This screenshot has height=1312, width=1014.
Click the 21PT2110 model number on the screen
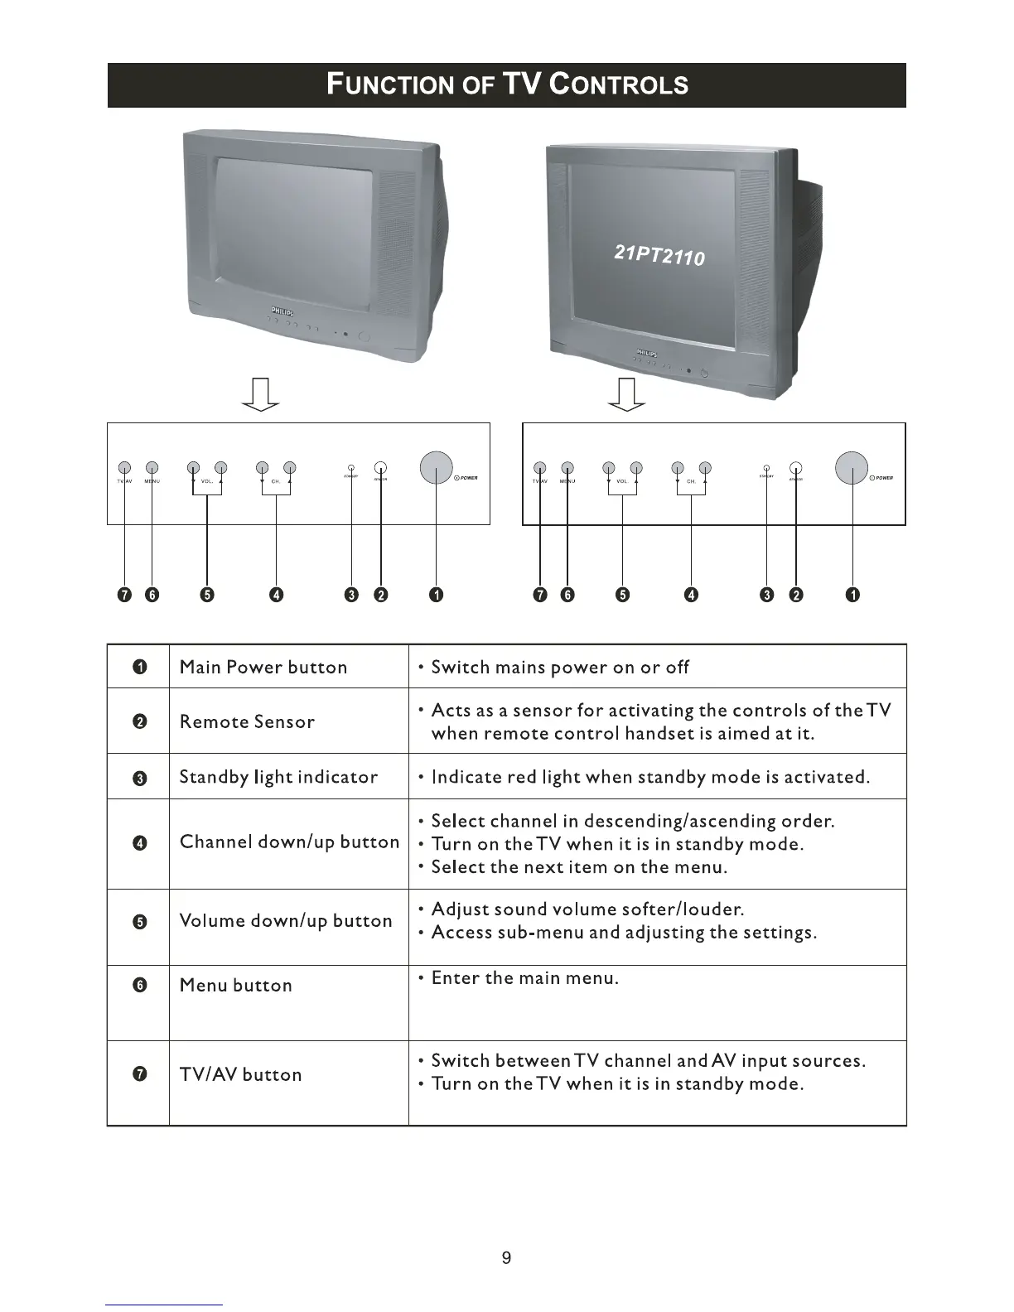659,253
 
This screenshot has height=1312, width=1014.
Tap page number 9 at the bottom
507,1257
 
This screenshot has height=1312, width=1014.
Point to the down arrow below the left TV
259,394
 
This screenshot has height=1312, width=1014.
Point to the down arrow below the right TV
626,394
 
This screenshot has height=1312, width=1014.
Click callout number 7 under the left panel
124,595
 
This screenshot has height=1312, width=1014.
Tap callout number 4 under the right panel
691,595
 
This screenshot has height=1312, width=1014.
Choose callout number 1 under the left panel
436,595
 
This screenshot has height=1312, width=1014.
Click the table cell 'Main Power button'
263,667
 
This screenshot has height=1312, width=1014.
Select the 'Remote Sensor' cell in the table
247,721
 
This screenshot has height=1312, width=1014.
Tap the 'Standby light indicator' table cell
278,777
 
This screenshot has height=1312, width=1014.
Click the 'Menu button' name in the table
236,985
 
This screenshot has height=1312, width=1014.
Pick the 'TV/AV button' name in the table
240,1074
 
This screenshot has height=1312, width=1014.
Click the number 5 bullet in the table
140,922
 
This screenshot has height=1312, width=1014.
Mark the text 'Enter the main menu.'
525,978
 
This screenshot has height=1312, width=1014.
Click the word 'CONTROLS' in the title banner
619,84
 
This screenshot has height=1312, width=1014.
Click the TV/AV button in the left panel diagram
124,466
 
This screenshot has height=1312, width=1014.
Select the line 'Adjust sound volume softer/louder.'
587,909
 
